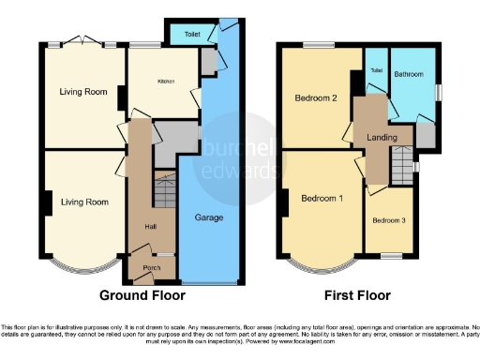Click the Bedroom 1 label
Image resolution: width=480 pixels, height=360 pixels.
pyautogui.click(x=321, y=199)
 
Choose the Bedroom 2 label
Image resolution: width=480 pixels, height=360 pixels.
pyautogui.click(x=315, y=97)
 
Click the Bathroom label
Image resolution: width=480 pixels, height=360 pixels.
pyautogui.click(x=409, y=73)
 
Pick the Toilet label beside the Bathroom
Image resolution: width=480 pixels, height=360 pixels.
pyautogui.click(x=376, y=71)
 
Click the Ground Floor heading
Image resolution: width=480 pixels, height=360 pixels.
pyautogui.click(x=140, y=295)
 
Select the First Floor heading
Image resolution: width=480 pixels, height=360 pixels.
pyautogui.click(x=357, y=295)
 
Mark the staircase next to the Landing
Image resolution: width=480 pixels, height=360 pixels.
pyautogui.click(x=405, y=168)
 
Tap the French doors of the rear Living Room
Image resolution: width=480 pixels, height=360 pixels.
pyautogui.click(x=83, y=41)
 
